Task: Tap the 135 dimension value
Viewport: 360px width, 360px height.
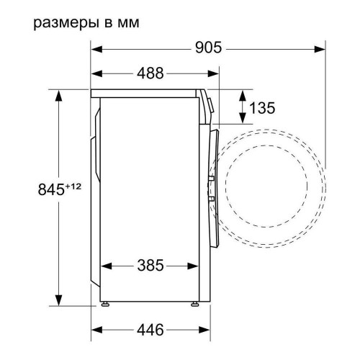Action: coord(262,108)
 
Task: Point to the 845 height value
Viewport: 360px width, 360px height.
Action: coord(48,190)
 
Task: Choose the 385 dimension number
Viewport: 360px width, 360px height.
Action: coord(151,265)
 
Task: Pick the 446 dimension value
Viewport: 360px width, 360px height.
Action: coord(150,330)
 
